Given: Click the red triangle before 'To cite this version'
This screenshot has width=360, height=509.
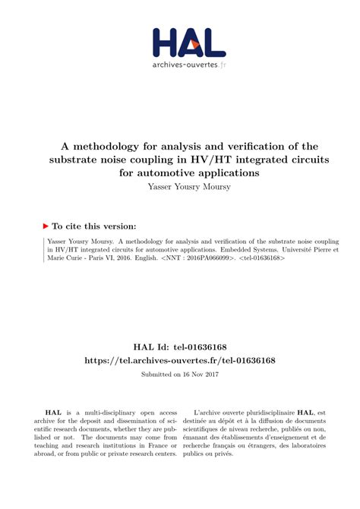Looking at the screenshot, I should click(46, 226).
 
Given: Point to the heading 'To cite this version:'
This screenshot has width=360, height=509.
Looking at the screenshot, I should click(94, 226).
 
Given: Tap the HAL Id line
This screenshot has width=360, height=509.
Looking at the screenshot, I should click(179, 345).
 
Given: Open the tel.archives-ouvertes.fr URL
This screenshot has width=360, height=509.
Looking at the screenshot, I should click(179, 359).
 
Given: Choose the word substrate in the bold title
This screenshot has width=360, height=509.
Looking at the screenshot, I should click(78, 159).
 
